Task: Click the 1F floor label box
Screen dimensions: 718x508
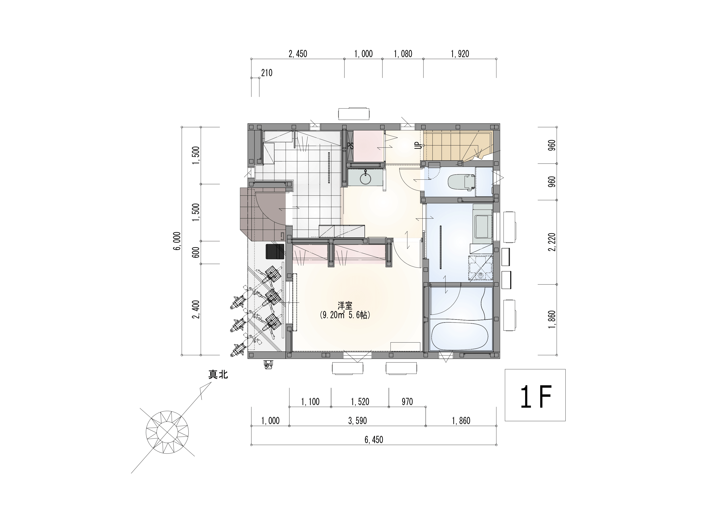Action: click(535, 395)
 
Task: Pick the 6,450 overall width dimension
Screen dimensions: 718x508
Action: click(374, 440)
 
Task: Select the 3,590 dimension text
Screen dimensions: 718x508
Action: click(357, 421)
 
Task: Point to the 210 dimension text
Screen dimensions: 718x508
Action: click(267, 73)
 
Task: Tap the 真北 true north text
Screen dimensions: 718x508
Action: click(218, 375)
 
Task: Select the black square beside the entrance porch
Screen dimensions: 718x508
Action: click(275, 252)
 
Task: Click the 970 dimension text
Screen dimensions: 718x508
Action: click(407, 402)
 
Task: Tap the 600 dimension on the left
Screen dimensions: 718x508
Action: click(196, 252)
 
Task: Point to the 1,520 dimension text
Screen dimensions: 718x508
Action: click(360, 402)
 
